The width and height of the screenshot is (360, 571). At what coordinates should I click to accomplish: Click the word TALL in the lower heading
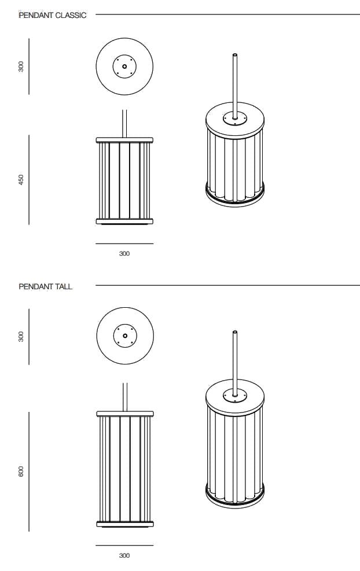64,286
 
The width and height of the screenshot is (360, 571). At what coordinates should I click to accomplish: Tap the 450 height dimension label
21,179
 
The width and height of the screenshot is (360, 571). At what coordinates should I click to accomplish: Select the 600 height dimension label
21,471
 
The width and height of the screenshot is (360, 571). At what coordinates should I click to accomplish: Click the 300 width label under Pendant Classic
124,253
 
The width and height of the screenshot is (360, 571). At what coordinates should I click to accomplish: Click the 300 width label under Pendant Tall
124,555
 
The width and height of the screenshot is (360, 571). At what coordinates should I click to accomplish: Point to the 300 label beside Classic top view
21,67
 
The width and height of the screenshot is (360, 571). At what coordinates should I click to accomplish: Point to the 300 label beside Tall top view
21,337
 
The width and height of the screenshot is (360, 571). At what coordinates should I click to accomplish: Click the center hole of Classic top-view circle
124,67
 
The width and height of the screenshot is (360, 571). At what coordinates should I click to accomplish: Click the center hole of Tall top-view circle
125,336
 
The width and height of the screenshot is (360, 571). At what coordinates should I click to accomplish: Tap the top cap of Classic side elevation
124,140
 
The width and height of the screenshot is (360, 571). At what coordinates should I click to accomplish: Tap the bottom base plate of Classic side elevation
124,221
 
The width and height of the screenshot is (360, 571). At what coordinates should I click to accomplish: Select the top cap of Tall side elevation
125,414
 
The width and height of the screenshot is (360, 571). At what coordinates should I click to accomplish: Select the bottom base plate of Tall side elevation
125,524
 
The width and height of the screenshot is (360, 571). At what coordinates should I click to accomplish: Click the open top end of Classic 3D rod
235,55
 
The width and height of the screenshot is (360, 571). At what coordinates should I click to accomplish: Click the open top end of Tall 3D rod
235,332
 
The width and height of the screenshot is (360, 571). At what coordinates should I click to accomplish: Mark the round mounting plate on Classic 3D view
235,119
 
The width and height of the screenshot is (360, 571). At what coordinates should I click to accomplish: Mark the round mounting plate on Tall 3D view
235,395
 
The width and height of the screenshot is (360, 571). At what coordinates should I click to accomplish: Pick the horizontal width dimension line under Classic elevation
124,244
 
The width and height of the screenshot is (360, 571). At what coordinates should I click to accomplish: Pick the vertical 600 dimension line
29,471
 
